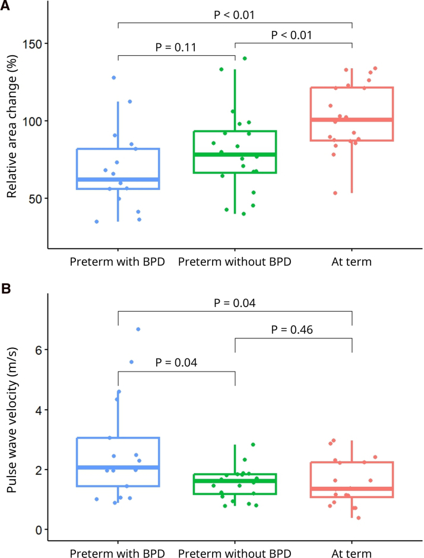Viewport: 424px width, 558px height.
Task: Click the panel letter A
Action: (5, 5)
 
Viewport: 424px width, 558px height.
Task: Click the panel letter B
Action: (6, 288)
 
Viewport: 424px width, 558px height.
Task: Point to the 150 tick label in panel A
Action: (33, 45)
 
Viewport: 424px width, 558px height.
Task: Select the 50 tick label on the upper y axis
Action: (36, 199)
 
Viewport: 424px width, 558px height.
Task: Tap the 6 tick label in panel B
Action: (39, 350)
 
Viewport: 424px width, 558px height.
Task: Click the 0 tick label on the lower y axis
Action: (39, 530)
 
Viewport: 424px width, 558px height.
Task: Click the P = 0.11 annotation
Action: (176, 47)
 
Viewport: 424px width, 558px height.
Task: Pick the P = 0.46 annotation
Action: (292, 329)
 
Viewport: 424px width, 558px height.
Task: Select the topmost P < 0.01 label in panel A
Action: (234, 15)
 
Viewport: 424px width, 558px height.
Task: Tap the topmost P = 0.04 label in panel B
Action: (235, 303)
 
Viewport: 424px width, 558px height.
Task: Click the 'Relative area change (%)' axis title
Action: (12, 126)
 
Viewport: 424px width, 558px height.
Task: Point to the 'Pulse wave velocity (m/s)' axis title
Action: (12, 420)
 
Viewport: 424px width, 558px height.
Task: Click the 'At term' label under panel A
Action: (352, 262)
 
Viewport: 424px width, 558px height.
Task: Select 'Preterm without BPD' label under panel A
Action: (235, 262)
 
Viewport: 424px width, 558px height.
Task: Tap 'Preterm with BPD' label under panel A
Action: (118, 262)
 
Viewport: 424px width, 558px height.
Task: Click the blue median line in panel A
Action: (118, 180)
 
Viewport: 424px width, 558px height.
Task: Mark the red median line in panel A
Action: (352, 119)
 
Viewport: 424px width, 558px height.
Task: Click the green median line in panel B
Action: (235, 481)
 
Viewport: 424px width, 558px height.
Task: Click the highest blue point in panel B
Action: (138, 329)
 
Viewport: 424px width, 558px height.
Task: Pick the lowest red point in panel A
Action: (335, 193)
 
